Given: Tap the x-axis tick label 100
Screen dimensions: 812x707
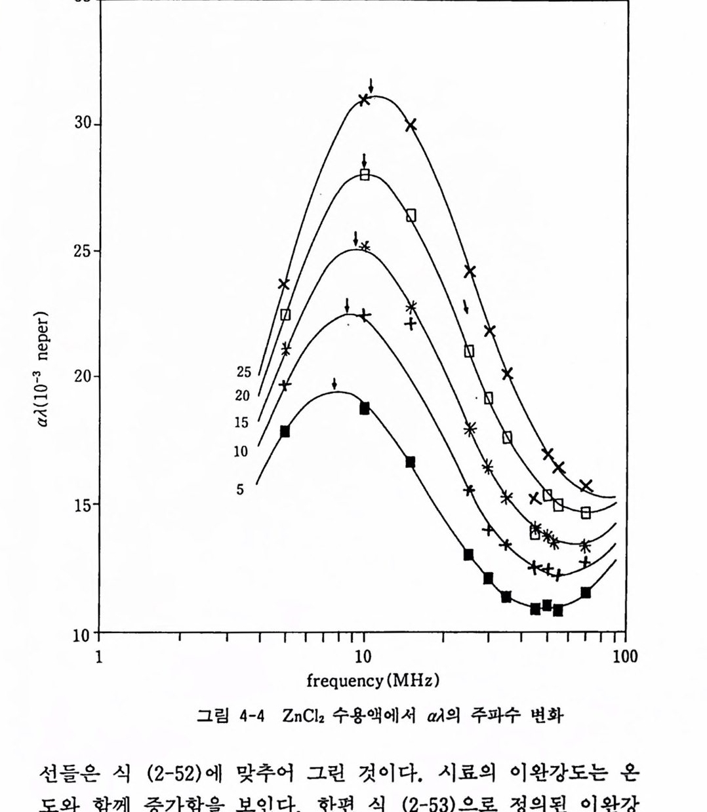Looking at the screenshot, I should click(x=625, y=657).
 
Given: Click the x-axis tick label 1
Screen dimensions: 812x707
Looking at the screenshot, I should click(x=99, y=657).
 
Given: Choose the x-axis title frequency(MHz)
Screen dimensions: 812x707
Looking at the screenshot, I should click(x=373, y=680).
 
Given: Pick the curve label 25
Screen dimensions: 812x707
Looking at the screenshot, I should click(x=243, y=372).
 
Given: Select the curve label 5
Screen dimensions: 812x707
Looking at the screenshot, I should click(x=240, y=490).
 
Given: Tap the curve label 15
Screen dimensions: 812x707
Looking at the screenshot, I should click(x=242, y=423).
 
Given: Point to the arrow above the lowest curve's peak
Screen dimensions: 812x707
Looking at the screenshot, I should click(x=334, y=383).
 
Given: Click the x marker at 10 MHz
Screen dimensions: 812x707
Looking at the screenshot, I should click(x=364, y=100).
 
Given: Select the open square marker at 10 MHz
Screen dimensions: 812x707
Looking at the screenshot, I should click(x=365, y=174).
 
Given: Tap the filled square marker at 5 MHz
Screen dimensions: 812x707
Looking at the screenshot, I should click(x=285, y=431).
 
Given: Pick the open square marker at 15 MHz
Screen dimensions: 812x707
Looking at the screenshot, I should click(x=411, y=216).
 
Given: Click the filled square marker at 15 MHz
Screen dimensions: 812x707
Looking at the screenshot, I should click(x=411, y=462).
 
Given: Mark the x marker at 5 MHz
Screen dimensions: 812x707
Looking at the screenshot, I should click(x=283, y=284).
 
